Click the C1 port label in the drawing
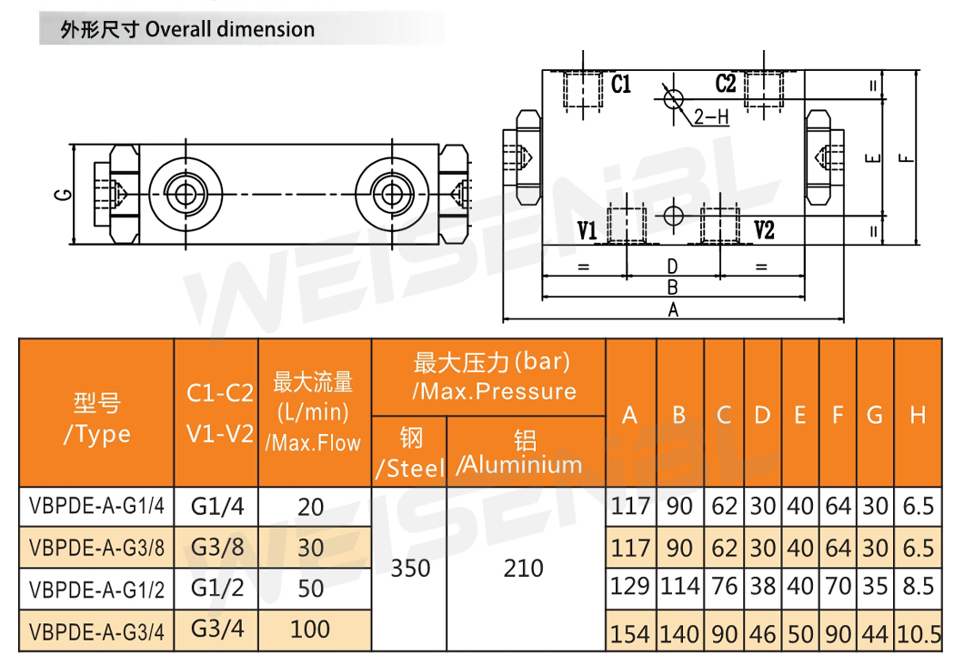(621, 86)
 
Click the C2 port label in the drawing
(725, 85)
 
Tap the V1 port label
(587, 230)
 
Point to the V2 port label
(764, 230)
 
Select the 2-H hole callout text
(711, 117)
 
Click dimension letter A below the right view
(674, 310)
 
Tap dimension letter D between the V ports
(673, 267)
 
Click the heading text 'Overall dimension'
(229, 29)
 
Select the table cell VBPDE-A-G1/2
(97, 590)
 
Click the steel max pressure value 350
(409, 569)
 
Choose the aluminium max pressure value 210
(524, 569)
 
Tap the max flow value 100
(311, 629)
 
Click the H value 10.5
(919, 634)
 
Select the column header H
(918, 416)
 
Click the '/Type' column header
(96, 435)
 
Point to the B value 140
(679, 634)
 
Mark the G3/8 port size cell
(216, 548)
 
